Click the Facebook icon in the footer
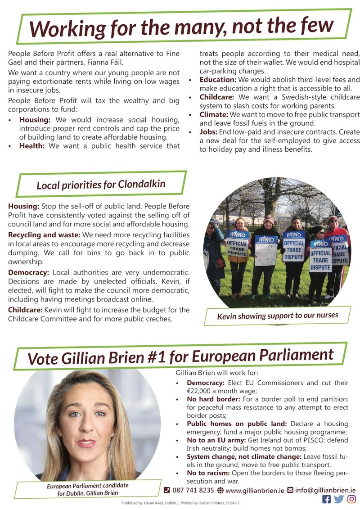(x=327, y=499)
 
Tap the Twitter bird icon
(x=339, y=499)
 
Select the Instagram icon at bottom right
(x=351, y=499)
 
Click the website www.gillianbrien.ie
(x=255, y=490)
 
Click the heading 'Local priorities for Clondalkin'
(x=101, y=185)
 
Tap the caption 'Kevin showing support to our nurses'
(x=277, y=316)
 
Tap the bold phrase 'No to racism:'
(x=208, y=473)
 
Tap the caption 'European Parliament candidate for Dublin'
(x=87, y=490)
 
